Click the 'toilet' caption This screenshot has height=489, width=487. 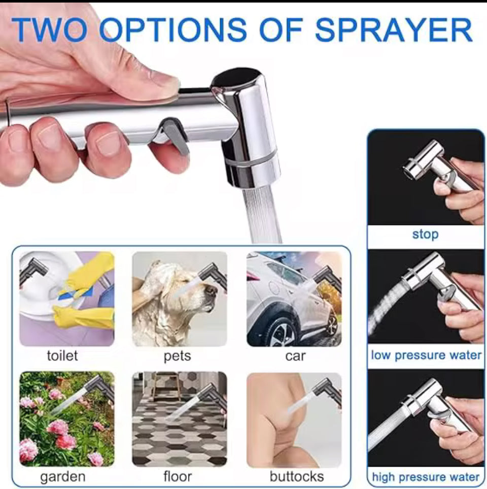pos(62,355)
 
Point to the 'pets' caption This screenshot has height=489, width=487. pos(177,356)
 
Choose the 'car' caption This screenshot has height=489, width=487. pos(295,356)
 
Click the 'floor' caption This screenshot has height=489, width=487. pos(178,476)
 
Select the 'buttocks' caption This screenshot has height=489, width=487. pos(297,476)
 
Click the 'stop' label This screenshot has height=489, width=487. pos(425,234)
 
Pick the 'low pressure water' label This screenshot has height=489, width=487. pos(426,355)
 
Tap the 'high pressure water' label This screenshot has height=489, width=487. pos(426,477)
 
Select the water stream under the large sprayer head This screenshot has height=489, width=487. pos(261,215)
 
